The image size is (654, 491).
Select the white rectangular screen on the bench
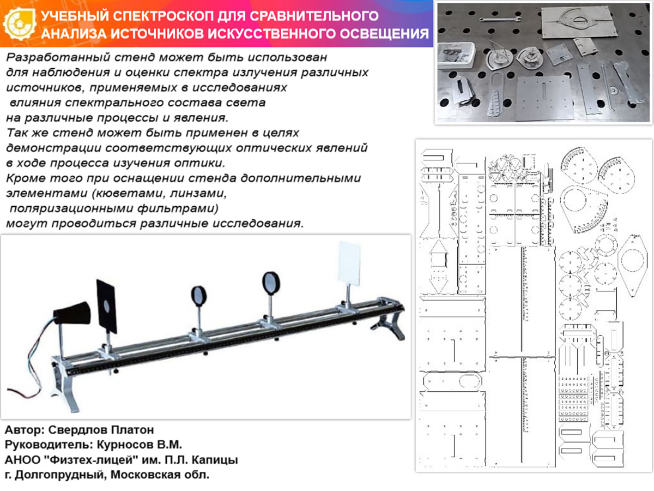coord(349,265)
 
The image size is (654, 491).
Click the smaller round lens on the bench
coord(199,296)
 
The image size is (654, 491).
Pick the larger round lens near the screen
coord(270,282)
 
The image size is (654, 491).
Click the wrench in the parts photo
coord(501,20)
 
